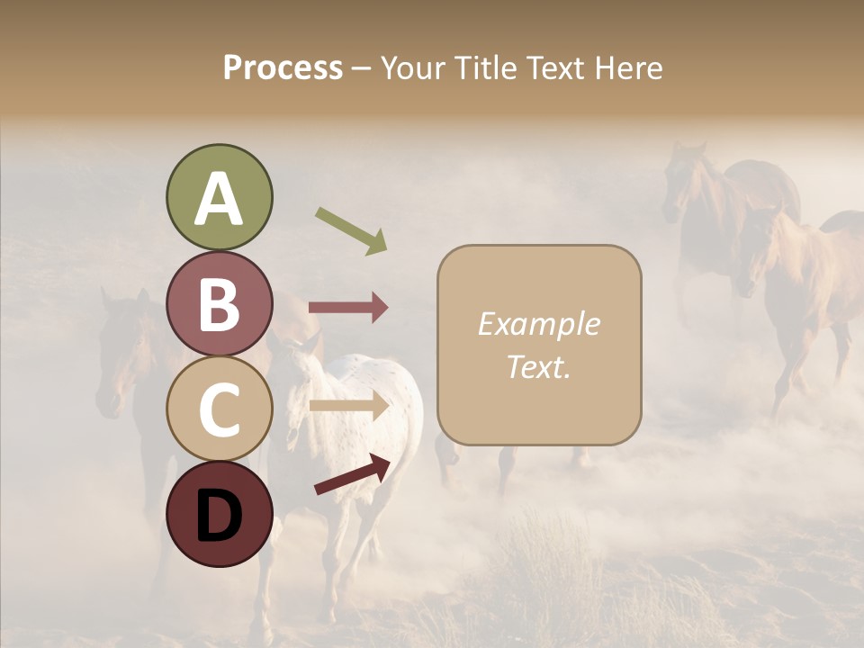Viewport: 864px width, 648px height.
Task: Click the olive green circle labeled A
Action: pos(220,199)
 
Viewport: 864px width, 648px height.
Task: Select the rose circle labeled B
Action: pos(220,304)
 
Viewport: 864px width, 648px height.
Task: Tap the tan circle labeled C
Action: pos(220,409)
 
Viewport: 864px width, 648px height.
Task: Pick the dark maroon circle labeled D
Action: pos(220,514)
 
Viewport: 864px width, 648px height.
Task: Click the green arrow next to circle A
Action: pos(351,229)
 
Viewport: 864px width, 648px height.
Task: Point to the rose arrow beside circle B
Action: pos(348,308)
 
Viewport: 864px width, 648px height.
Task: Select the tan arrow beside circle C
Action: pos(348,406)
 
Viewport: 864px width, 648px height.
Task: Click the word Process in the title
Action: pos(283,68)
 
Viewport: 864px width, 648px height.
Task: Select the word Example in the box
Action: pos(538,324)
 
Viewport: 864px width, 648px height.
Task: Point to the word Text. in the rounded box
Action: pos(538,366)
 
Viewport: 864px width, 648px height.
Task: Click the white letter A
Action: pos(220,199)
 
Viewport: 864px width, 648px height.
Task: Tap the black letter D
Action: pos(220,516)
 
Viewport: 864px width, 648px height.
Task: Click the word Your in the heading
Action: pos(413,68)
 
